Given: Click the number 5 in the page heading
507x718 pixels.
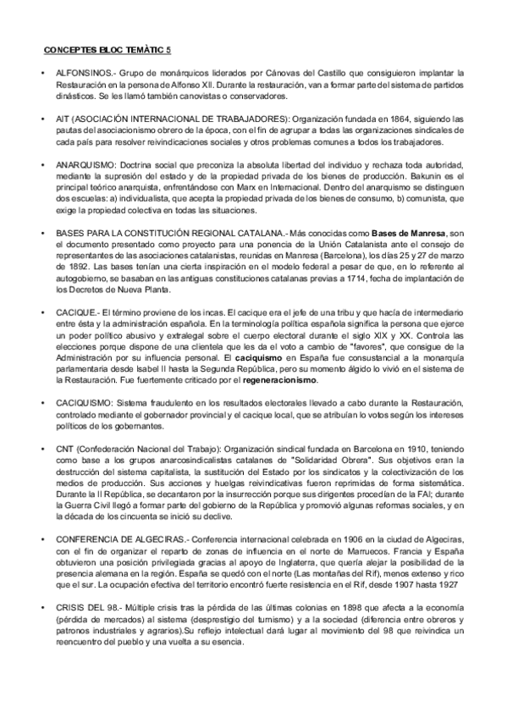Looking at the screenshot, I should click(x=168, y=51).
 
